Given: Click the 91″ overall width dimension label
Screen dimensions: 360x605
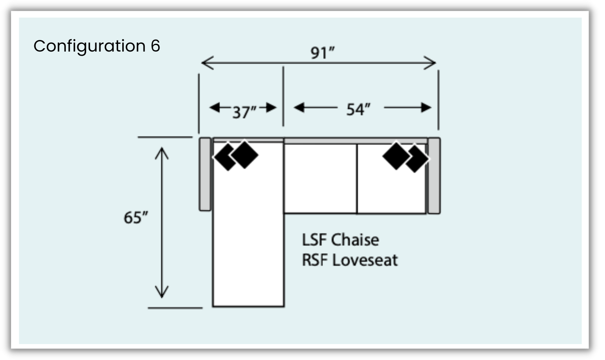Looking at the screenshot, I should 322,53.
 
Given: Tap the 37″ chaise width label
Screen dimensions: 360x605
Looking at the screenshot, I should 244,112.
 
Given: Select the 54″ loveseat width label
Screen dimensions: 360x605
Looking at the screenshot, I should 358,109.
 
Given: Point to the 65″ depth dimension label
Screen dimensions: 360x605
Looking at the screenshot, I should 135,217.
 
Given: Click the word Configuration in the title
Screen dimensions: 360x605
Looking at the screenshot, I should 90,46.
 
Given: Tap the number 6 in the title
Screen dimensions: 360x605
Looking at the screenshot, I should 155,46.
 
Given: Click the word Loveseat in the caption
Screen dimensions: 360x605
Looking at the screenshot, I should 365,260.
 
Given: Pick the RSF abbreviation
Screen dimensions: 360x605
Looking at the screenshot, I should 314,260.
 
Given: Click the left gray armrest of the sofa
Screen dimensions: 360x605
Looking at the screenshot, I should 205,174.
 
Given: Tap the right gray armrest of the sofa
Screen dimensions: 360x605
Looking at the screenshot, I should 434,175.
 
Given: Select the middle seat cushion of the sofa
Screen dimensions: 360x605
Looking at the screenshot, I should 320,178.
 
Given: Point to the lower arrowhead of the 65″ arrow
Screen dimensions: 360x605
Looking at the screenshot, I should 162,293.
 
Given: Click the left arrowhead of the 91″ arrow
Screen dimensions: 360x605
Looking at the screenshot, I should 206,63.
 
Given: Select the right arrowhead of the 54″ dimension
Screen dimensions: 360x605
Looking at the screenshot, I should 427,108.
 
